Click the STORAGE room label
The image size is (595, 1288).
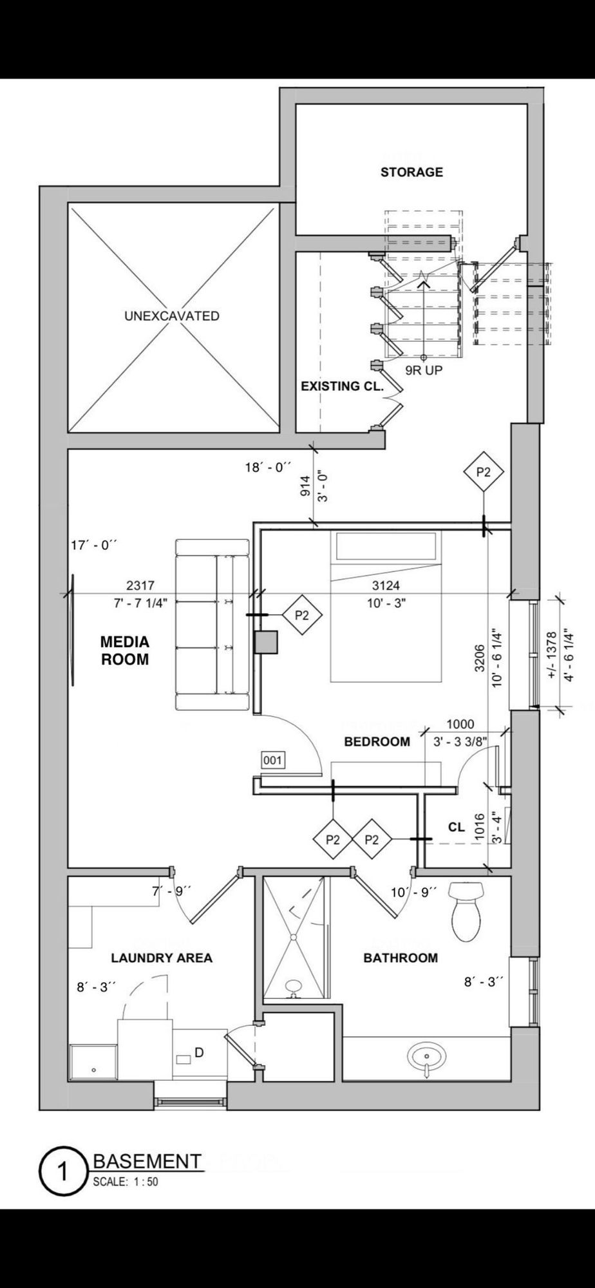click(x=411, y=172)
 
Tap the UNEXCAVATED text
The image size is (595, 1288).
click(x=171, y=316)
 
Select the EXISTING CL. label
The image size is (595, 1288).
click(x=342, y=386)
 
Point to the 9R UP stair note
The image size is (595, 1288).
click(x=424, y=370)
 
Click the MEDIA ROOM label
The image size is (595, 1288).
click(x=124, y=650)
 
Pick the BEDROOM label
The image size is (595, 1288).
click(x=377, y=741)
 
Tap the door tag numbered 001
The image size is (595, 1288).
click(x=272, y=761)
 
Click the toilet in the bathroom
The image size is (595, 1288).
click(x=467, y=910)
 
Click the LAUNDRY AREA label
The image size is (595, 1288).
click(x=162, y=958)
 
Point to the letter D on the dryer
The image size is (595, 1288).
click(x=199, y=1052)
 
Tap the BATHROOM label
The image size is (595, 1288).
click(x=401, y=958)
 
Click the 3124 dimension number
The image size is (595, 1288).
click(x=386, y=585)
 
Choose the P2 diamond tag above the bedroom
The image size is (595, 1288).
click(x=483, y=472)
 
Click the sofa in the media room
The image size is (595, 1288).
click(x=212, y=625)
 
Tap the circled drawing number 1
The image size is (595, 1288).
click(x=62, y=1172)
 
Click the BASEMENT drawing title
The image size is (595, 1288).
click(x=147, y=1161)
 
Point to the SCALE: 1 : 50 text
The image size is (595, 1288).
click(x=126, y=1182)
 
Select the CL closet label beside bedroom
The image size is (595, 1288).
click(x=457, y=827)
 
